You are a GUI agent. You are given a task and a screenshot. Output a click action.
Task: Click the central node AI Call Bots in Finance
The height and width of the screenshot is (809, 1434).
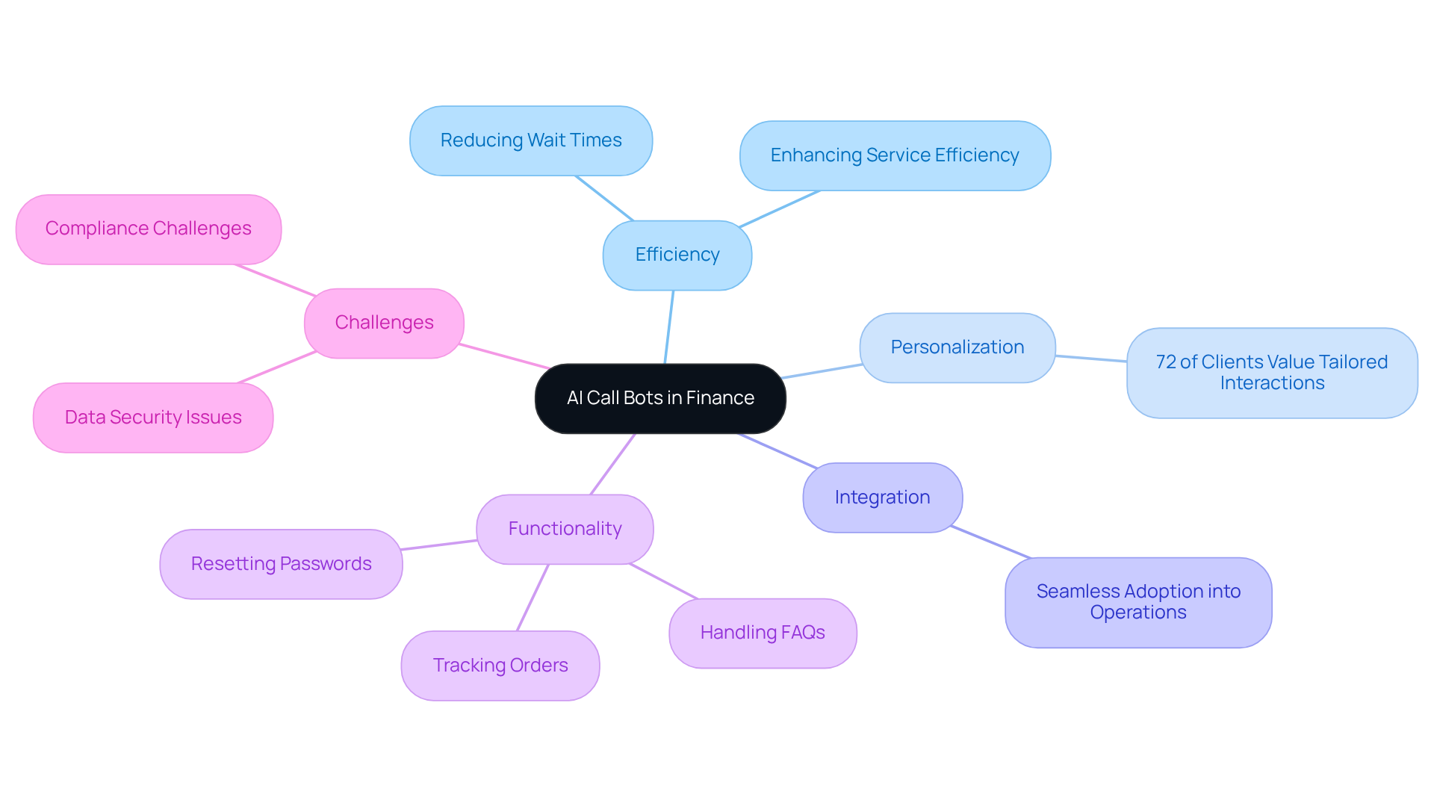pyautogui.click(x=660, y=398)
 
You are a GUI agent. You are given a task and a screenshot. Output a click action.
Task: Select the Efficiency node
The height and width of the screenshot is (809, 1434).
pyautogui.click(x=677, y=255)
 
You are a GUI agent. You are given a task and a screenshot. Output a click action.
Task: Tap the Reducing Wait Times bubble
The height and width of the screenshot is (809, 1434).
pyautogui.click(x=530, y=140)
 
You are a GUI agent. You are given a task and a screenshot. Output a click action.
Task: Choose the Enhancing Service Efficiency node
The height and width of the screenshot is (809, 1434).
pyautogui.click(x=894, y=155)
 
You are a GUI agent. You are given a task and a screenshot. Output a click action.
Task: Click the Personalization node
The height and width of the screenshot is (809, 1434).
pyautogui.click(x=957, y=347)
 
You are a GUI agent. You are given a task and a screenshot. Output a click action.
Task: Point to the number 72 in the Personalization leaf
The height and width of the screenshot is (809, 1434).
pyautogui.click(x=1165, y=362)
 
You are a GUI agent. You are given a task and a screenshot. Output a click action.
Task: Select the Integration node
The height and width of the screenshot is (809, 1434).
pyautogui.click(x=882, y=498)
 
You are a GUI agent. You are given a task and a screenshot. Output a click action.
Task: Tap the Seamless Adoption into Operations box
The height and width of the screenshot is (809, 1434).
pyautogui.click(x=1137, y=602)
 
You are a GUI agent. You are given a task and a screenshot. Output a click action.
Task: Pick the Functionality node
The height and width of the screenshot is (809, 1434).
pyautogui.click(x=565, y=529)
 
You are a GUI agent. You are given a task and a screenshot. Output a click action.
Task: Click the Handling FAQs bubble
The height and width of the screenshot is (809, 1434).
pyautogui.click(x=762, y=633)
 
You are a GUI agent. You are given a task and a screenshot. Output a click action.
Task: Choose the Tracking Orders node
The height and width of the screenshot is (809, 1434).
pyautogui.click(x=500, y=666)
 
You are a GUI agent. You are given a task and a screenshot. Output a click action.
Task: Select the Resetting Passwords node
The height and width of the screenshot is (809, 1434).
pyautogui.click(x=281, y=564)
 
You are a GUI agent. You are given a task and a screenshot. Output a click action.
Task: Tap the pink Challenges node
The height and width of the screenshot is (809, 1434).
pyautogui.click(x=384, y=323)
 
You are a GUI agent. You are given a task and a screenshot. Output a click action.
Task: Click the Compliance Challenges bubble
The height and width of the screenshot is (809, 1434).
pyautogui.click(x=148, y=229)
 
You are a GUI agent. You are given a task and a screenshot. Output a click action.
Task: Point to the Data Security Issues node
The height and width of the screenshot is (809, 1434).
pyautogui.click(x=153, y=418)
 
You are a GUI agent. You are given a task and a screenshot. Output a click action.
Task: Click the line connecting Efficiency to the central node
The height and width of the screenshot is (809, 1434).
pyautogui.click(x=669, y=327)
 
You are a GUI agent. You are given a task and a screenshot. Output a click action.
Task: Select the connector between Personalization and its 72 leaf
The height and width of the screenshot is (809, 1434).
pyautogui.click(x=1090, y=359)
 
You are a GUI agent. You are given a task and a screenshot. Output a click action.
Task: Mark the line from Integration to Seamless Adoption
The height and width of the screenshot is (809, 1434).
pyautogui.click(x=990, y=542)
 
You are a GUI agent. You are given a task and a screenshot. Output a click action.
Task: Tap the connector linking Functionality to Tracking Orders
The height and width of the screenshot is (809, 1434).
pyautogui.click(x=533, y=598)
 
